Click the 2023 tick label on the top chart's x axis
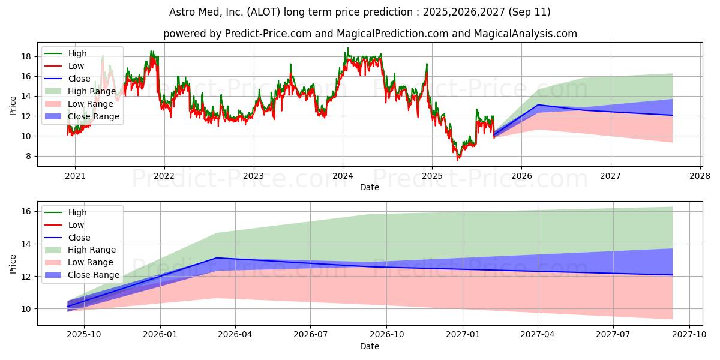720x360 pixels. coord(253,176)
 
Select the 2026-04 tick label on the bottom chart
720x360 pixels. coord(235,335)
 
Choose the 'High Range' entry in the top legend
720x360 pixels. coord(93,91)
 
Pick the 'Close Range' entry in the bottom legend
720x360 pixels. coord(94,275)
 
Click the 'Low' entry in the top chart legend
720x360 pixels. coord(76,66)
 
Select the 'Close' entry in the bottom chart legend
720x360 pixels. coord(79,238)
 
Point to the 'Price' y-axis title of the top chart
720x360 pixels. coord(13,104)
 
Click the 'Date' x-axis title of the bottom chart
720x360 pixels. coord(370,346)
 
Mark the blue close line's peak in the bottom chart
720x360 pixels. coord(217,258)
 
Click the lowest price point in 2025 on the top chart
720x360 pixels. coord(457,160)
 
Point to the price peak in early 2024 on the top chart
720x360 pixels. coord(347,49)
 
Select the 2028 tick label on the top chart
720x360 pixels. coord(700,176)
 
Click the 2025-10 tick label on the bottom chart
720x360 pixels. coord(83,335)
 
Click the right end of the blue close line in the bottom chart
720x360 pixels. coord(672,275)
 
